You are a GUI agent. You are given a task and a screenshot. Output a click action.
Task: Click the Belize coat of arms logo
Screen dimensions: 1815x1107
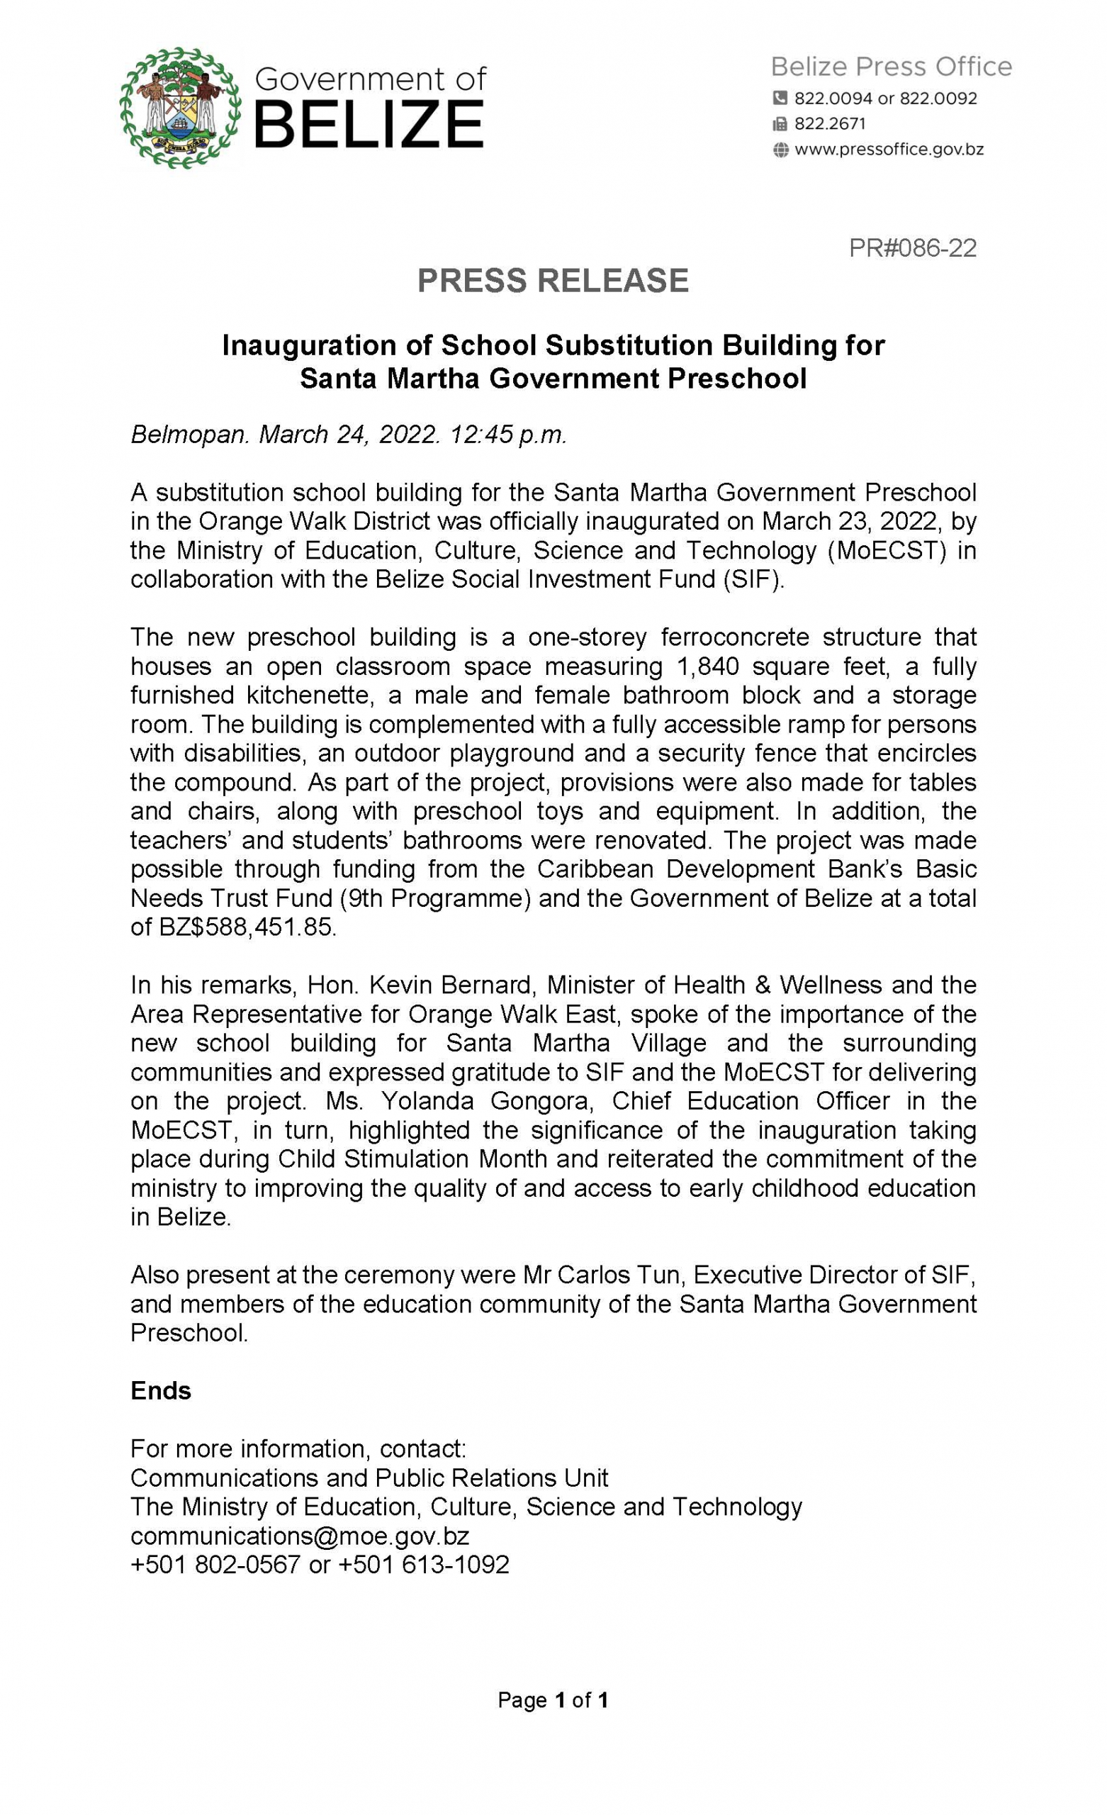tap(181, 108)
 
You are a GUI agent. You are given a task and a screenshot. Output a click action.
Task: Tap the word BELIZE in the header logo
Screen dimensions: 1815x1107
tap(369, 125)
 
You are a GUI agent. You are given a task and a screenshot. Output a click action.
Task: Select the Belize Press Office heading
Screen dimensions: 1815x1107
tap(890, 67)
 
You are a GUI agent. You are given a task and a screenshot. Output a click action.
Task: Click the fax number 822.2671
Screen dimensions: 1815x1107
tap(829, 124)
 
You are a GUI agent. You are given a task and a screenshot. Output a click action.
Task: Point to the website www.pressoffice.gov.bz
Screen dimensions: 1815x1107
tap(888, 150)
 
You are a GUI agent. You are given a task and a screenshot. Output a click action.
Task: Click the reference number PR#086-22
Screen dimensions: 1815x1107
tap(912, 247)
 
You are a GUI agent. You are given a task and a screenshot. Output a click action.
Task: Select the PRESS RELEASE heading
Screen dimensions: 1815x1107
tap(552, 281)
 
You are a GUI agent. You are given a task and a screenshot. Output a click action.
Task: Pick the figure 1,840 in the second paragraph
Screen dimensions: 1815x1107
tap(707, 666)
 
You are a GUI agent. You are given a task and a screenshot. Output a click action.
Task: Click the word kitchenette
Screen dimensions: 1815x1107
tap(322, 695)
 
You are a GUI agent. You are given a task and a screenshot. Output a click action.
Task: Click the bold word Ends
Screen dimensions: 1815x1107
tap(161, 1391)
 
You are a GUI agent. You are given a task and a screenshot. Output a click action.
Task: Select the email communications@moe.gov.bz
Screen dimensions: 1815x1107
tap(299, 1536)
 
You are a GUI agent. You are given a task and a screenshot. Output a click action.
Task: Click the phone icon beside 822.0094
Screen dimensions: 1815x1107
tap(780, 98)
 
